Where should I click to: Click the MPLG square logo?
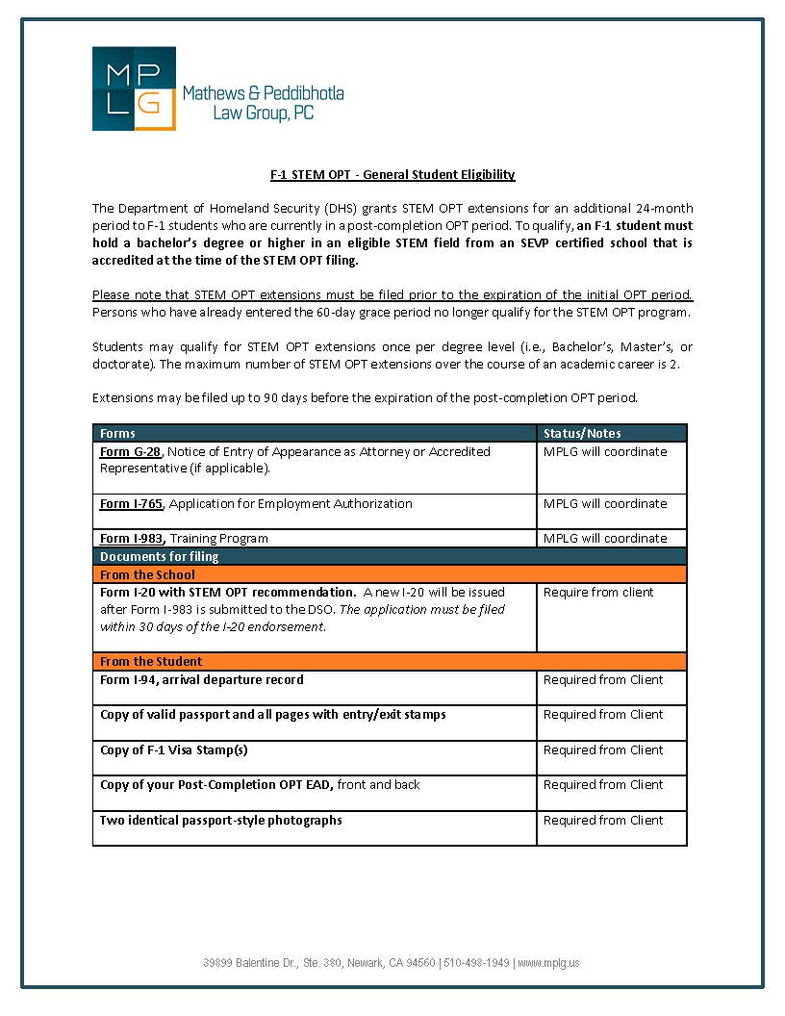[134, 89]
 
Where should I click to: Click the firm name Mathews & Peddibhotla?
[263, 93]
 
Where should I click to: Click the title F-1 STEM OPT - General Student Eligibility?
[392, 174]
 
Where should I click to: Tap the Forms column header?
[118, 433]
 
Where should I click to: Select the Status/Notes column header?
[582, 433]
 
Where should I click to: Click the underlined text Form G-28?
[131, 451]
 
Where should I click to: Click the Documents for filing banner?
[160, 556]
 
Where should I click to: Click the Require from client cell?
[597, 592]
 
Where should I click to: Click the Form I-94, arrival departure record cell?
[202, 679]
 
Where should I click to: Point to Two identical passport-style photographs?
[221, 820]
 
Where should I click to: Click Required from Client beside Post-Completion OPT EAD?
[603, 784]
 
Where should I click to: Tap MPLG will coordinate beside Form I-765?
[604, 503]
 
